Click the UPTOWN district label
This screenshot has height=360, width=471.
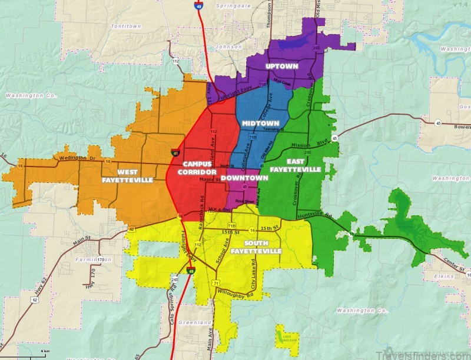tap(282, 66)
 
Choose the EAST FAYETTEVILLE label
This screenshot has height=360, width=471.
tap(295, 165)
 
